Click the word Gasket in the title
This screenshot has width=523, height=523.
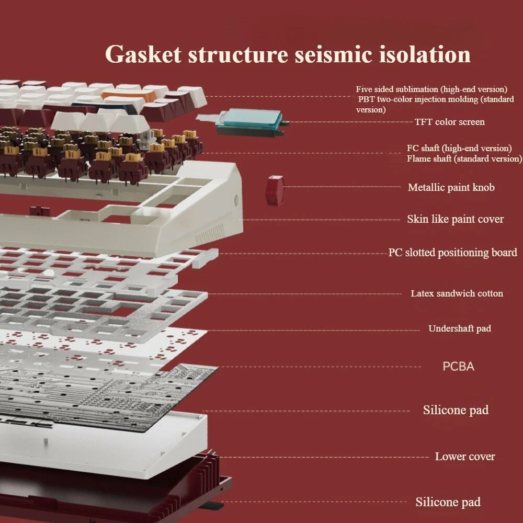(142, 54)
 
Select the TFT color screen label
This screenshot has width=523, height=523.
(449, 122)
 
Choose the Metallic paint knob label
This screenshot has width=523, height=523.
(451, 187)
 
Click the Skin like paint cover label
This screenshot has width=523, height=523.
(455, 219)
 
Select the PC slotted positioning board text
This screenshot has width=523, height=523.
(452, 253)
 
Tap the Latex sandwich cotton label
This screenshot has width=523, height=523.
(457, 293)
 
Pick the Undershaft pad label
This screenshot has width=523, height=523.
(459, 328)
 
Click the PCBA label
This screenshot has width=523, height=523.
(458, 366)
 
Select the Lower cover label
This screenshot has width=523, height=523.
(464, 457)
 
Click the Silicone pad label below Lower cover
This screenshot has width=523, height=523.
(448, 502)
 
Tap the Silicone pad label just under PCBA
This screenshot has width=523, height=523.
(456, 410)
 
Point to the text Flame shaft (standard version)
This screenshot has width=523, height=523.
(464, 158)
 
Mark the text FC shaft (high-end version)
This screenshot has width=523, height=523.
(459, 148)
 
